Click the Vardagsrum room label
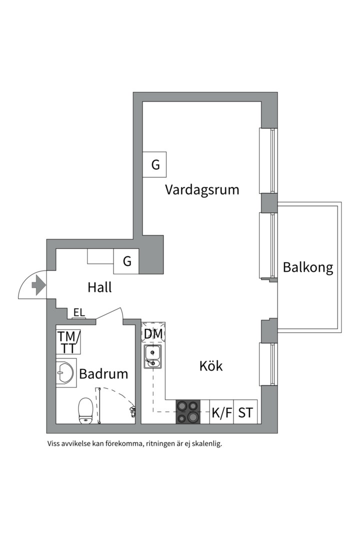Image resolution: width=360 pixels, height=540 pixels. tap(202, 190)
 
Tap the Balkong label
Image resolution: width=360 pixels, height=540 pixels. tap(307, 267)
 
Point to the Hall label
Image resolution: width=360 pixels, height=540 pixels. tap(99, 287)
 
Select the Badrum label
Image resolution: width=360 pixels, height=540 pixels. tap(103, 373)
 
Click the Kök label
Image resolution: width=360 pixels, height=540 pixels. tap(211, 366)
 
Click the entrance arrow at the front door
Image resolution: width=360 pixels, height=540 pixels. tap(37, 285)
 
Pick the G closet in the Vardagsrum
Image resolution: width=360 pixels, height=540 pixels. tap(155, 164)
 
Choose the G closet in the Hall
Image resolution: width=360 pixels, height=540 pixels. tap(126, 261)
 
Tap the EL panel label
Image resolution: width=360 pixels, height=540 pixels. tap(79, 313)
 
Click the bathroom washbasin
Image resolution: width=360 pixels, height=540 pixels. tap(65, 372)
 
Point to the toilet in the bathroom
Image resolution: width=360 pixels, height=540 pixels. tap(86, 410)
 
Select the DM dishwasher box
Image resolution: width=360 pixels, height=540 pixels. tap(153, 333)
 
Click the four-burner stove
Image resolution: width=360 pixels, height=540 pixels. tap(188, 412)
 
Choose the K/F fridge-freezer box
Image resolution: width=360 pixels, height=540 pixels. tap(221, 413)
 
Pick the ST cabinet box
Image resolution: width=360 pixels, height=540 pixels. tap(245, 413)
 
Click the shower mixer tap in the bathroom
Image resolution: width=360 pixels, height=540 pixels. tap(132, 411)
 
